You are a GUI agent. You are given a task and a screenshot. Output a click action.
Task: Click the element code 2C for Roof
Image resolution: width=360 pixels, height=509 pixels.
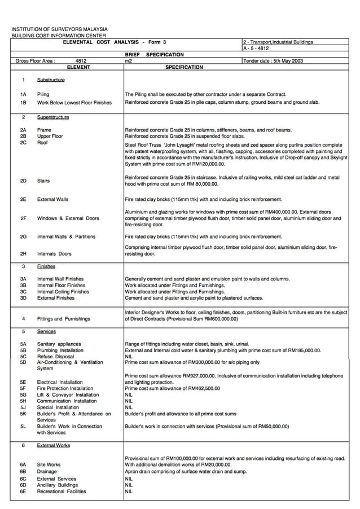pos(23,143)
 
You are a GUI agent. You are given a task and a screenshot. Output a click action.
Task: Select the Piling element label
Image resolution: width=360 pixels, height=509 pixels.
pos(43,94)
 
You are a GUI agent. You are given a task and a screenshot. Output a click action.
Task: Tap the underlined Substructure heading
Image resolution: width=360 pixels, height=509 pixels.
pos(51,80)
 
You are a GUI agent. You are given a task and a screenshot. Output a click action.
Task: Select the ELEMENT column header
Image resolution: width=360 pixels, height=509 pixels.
pos(78,67)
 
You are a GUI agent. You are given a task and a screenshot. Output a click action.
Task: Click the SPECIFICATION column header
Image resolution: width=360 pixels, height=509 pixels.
pos(184,67)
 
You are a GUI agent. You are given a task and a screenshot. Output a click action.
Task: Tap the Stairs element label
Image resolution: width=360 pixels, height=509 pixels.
pos(43,181)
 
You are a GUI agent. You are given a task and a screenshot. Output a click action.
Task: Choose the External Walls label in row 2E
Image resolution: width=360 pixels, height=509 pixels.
pos(52,199)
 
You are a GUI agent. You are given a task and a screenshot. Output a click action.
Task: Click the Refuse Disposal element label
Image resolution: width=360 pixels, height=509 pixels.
pos(55,357)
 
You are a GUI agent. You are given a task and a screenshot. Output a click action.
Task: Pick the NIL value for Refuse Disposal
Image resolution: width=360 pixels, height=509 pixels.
pos(129,357)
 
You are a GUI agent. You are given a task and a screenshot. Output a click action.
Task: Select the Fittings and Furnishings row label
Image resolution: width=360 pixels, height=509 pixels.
pos(63,319)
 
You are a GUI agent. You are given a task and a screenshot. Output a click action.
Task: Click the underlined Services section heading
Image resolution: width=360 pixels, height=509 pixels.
pos(46,332)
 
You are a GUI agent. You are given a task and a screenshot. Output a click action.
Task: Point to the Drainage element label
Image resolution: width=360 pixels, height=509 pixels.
pos(47,471)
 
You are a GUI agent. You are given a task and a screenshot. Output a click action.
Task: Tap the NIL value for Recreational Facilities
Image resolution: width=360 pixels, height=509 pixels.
pos(129,492)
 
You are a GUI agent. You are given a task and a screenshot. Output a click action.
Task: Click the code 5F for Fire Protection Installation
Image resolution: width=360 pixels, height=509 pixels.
pos(23,388)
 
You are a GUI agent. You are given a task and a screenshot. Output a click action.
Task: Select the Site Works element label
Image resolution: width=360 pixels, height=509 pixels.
pos(49,464)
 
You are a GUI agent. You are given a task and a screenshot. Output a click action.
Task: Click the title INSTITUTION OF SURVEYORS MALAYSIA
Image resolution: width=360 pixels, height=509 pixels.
pos(60,29)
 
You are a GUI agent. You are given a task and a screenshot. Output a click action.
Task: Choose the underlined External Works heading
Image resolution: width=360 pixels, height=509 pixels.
pos(54,445)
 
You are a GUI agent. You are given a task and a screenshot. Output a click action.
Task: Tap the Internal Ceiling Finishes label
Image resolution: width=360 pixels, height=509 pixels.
pos(63,292)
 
